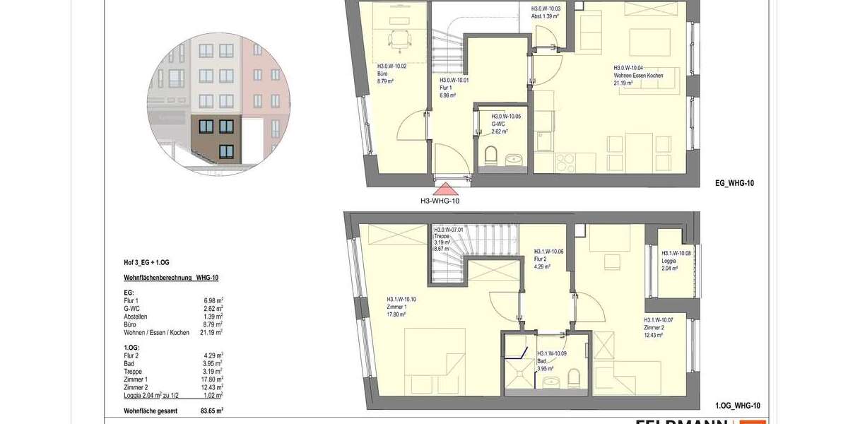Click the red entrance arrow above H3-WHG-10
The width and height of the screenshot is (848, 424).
point(445,189)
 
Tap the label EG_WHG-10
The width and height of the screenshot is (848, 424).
point(736,183)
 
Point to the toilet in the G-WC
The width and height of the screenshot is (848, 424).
point(493,155)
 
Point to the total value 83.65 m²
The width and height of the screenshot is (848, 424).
point(212,411)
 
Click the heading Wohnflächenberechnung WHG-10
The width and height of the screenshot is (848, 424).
point(171,278)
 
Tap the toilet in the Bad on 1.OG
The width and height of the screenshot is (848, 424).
point(574,375)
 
